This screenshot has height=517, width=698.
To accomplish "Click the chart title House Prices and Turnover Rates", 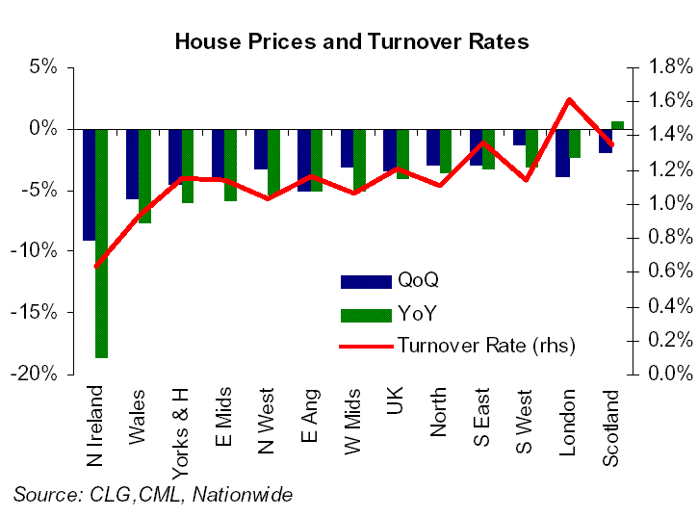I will coord(350,41).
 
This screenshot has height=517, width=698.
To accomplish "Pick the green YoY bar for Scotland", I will coord(617,125).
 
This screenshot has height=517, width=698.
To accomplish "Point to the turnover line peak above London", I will coord(569,100).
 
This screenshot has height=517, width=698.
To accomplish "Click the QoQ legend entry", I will coord(417,281).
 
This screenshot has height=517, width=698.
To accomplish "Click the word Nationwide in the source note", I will coord(248,494).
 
